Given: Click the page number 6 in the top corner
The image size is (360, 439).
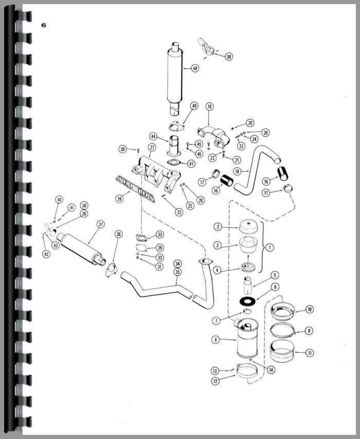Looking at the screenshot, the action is tap(43, 25).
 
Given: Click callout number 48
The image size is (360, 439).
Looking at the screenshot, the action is tap(195, 68).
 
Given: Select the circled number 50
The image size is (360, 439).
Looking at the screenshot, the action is tap(229, 57).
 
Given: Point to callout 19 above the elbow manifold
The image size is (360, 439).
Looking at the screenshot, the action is tap(209, 106).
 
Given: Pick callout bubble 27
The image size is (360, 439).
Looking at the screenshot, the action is tap(152, 147).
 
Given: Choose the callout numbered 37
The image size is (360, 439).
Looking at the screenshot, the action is tap(101, 224).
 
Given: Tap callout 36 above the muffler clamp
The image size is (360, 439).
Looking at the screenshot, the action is tap(119, 234).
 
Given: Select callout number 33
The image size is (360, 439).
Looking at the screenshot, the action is tap(160, 234).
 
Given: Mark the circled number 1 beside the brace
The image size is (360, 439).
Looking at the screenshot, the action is tap(269, 247).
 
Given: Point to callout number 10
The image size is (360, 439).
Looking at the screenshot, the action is tap(309, 309).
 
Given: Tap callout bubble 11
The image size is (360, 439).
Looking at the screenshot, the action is tap(310, 353).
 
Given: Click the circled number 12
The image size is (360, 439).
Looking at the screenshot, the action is tap(215, 381).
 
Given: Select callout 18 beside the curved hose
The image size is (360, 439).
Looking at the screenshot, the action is tap(237, 171).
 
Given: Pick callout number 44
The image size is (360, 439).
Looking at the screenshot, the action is tap(153, 136).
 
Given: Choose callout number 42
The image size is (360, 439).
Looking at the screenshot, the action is tap(46, 254).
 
